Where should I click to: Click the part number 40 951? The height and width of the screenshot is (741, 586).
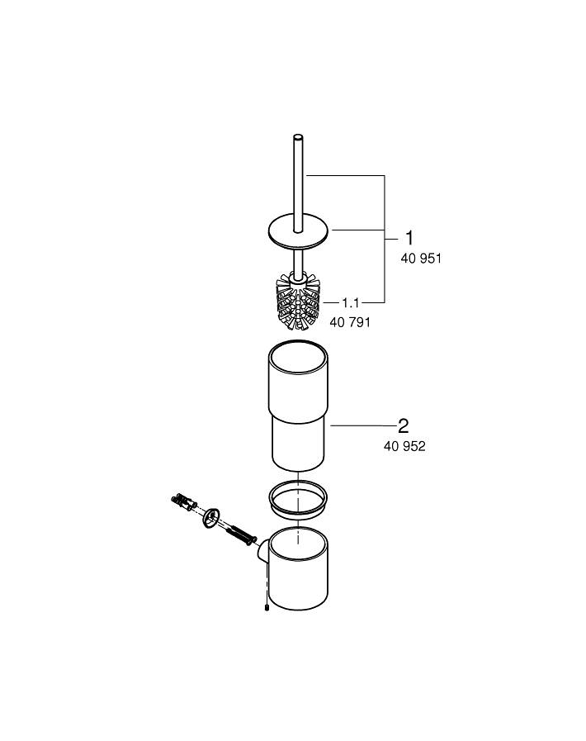pos(422,259)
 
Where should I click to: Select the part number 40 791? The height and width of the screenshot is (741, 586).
pos(350,322)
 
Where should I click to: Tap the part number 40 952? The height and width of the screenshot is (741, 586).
pos(404,447)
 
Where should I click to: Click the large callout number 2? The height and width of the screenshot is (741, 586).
pos(403,425)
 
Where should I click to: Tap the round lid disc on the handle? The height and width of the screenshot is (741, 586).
pos(296,231)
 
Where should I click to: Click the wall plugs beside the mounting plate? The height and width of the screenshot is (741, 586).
pos(239,533)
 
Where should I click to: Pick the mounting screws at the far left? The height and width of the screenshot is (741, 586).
pos(182,501)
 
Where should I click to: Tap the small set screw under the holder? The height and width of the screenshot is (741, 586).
pos(267,609)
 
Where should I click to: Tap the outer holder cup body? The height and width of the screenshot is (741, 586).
pos(299,578)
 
